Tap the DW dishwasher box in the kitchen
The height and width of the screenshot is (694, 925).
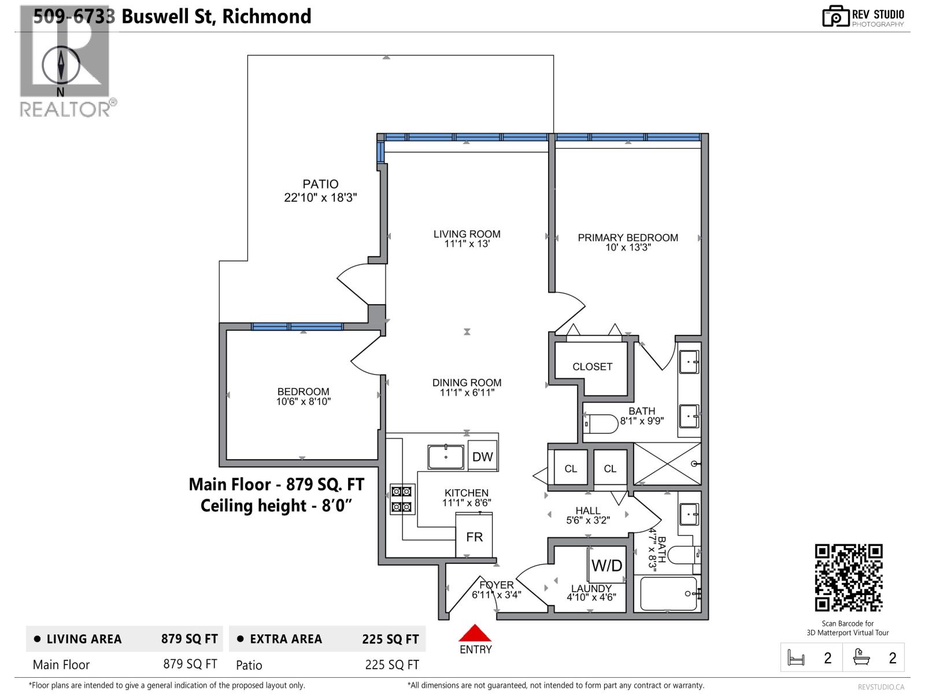[482, 456]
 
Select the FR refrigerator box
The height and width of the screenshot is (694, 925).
[474, 536]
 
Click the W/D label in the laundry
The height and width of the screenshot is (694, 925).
[606, 565]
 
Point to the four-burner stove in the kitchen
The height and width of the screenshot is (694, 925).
[402, 499]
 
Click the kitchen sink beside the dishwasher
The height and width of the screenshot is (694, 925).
[446, 457]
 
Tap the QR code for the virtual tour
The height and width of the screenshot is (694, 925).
[848, 577]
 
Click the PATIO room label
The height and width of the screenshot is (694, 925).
[320, 184]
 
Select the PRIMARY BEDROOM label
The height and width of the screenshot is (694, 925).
[628, 237]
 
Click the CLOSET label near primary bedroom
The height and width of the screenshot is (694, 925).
[592, 366]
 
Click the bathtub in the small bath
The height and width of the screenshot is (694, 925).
[669, 593]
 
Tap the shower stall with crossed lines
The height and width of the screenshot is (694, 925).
[667, 463]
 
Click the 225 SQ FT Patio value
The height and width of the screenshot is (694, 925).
[391, 665]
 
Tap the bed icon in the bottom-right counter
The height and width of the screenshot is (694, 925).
[796, 658]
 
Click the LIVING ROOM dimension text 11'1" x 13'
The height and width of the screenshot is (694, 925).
[467, 244]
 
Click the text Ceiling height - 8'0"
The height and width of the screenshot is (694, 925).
[276, 505]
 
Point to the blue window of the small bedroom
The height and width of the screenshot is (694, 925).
[298, 327]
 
